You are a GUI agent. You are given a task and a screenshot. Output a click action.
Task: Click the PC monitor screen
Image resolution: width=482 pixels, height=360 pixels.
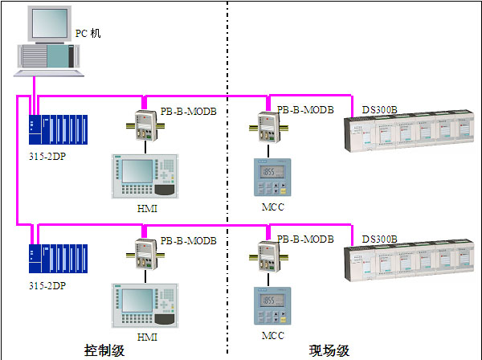tap(50, 23)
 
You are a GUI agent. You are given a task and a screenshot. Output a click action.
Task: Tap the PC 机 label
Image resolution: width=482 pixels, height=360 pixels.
tap(88, 33)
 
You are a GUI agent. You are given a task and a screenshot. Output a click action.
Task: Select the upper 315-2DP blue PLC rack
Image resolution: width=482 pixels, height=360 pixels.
tap(58, 129)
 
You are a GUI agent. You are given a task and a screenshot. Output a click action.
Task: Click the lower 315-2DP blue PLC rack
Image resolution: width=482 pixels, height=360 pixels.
tap(58, 259)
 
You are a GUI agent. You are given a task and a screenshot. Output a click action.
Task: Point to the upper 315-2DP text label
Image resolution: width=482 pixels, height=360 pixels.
tap(47, 156)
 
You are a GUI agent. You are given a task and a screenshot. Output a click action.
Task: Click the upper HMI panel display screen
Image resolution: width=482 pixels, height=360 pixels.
tap(137, 171)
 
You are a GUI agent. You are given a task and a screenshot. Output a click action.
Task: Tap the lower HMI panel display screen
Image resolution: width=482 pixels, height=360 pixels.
tap(137, 301)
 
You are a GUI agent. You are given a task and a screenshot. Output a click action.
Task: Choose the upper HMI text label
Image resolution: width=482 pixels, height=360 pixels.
tap(147, 208)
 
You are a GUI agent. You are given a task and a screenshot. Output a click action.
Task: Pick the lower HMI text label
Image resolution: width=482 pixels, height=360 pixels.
tap(147, 337)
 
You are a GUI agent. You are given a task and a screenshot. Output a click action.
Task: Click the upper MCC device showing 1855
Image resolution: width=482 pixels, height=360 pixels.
tap(272, 177)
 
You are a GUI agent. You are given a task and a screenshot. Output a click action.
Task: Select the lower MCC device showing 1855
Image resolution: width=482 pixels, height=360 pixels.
tap(272, 306)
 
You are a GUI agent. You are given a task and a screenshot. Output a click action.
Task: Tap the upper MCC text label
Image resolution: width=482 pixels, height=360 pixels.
tap(273, 207)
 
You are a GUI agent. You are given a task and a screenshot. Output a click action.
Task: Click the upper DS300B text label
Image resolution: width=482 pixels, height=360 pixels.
tap(380, 109)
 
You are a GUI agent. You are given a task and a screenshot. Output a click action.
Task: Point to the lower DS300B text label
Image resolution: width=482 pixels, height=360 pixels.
tap(380, 239)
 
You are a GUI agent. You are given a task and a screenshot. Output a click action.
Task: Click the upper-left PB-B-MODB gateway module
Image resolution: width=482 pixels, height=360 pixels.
tap(145, 125)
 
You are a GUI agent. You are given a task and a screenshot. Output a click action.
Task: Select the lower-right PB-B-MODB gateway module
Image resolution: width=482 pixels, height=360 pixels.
tap(268, 256)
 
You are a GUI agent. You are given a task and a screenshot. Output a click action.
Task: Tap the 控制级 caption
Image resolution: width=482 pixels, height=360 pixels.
tap(104, 350)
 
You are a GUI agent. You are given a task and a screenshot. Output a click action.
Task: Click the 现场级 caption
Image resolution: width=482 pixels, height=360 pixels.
tap(329, 350)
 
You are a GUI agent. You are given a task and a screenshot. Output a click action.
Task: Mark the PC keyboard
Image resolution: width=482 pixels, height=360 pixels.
tap(49, 73)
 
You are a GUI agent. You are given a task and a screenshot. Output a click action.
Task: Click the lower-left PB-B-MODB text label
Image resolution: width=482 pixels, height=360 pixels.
tap(189, 240)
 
